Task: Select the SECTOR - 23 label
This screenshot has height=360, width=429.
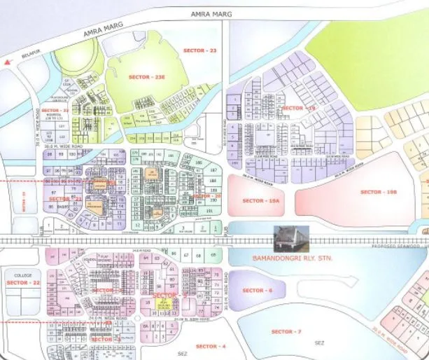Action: pyautogui.click(x=199, y=50)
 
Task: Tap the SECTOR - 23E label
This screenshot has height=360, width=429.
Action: pyautogui.click(x=144, y=76)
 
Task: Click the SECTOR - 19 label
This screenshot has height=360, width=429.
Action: pyautogui.click(x=299, y=108)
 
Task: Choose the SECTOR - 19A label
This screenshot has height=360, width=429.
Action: pyautogui.click(x=260, y=201)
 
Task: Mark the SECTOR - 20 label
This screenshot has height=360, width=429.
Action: pyautogui.click(x=208, y=196)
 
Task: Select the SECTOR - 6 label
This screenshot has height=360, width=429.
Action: pyautogui.click(x=253, y=290)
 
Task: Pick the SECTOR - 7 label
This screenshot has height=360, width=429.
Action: pyautogui.click(x=286, y=331)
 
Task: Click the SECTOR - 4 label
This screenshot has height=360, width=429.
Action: pyautogui.click(x=211, y=347)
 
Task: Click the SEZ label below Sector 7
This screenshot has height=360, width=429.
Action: pyautogui.click(x=320, y=342)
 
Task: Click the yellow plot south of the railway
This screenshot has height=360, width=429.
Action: pyautogui.click(x=165, y=303)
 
